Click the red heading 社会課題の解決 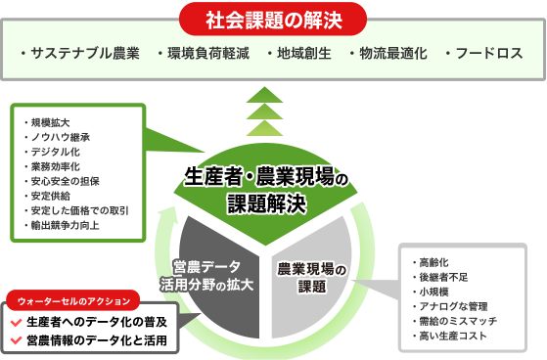pos(273,19)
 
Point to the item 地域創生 pos(302,52)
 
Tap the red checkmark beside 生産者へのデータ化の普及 pos(15,322)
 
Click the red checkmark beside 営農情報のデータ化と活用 pos(15,340)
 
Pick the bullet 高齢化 pos(436,262)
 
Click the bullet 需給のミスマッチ pos(458,322)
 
